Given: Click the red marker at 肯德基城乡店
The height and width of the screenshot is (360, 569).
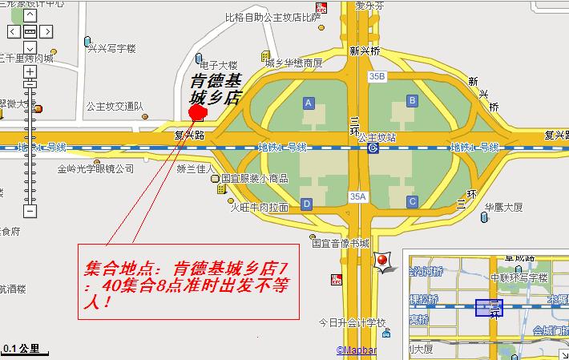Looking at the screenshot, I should click(x=196, y=111).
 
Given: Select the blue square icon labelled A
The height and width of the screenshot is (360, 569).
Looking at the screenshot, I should click(x=308, y=103).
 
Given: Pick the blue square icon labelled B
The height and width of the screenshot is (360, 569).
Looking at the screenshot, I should click(x=412, y=100).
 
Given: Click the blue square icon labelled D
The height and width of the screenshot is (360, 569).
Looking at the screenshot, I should click(x=307, y=204).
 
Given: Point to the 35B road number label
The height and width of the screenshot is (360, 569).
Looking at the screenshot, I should click(x=377, y=77).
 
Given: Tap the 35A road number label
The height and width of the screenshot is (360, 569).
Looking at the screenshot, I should click(x=358, y=196).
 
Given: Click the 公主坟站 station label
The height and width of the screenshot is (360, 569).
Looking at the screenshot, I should click(x=377, y=137).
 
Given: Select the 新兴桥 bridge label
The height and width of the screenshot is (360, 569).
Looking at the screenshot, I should click(x=364, y=51).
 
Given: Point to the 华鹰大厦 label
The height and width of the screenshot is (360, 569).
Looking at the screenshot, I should click(x=503, y=207).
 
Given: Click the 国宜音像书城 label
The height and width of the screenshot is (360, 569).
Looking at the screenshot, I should click(x=341, y=242).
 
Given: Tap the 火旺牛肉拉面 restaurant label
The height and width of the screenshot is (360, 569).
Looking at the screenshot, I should click(x=259, y=207).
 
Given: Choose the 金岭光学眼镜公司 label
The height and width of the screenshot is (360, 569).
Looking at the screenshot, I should click(x=95, y=169).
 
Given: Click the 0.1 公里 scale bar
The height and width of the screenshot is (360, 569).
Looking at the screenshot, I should click(x=24, y=350).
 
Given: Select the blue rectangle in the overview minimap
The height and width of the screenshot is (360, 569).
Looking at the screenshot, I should click(x=488, y=307).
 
